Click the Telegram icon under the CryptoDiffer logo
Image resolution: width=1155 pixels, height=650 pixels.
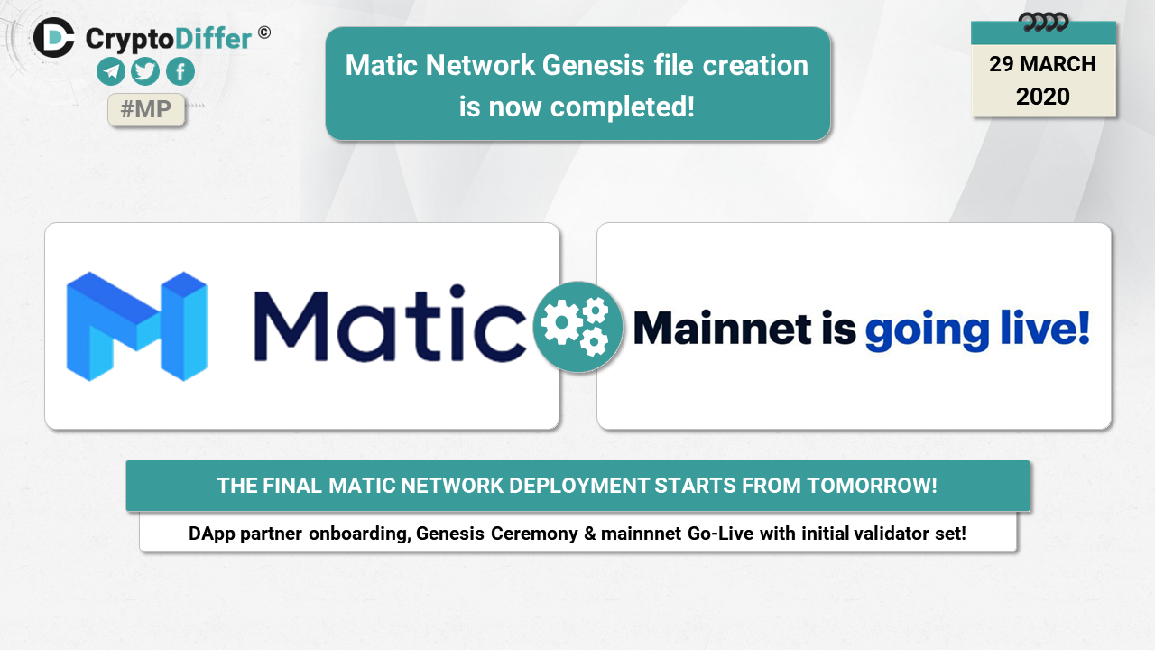tap(111, 71)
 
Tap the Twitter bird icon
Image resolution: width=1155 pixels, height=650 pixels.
tap(145, 71)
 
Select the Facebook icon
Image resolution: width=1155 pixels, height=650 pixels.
tap(180, 71)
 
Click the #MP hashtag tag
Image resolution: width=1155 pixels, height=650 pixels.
tap(146, 109)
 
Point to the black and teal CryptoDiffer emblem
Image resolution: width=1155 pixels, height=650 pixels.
tap(53, 37)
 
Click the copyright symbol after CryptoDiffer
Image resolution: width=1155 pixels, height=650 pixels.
tap(264, 33)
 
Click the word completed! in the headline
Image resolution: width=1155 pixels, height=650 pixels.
tap(623, 107)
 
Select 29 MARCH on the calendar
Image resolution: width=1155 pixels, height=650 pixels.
tap(1042, 64)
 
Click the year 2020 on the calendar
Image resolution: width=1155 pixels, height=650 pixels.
tap(1042, 97)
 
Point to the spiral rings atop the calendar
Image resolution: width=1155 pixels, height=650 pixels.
tap(1044, 23)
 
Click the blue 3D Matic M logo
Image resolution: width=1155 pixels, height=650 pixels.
tap(137, 327)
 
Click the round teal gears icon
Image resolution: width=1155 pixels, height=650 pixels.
tap(577, 327)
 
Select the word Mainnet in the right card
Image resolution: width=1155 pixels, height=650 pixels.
tap(723, 328)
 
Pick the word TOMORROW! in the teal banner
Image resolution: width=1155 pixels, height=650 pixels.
tap(872, 486)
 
